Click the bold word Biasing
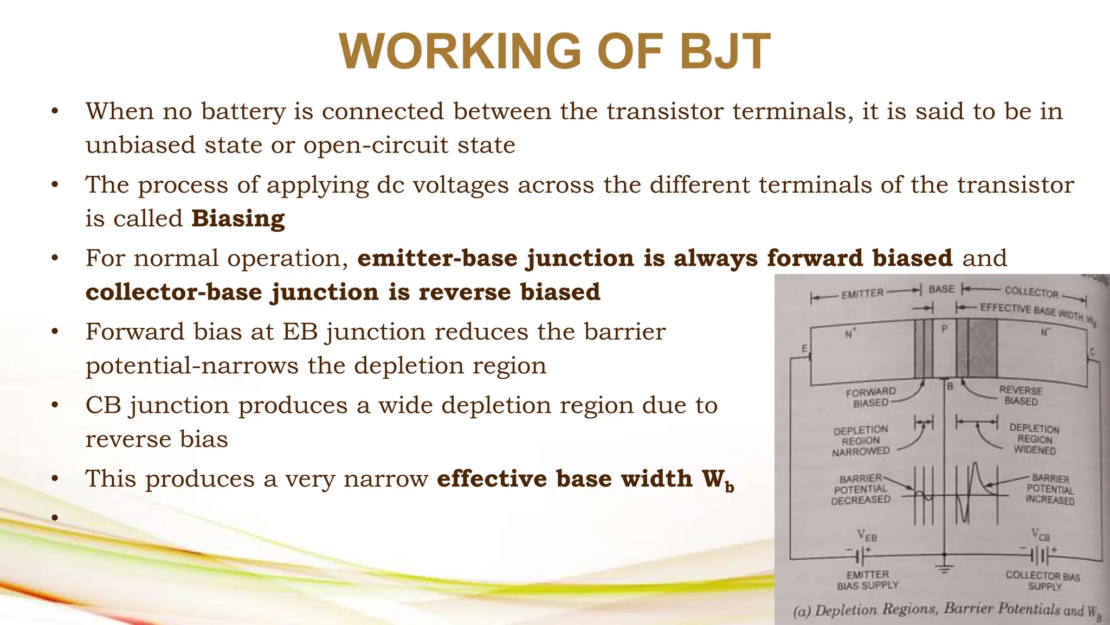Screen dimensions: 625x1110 pyautogui.click(x=238, y=219)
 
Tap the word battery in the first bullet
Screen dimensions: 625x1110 pyautogui.click(x=243, y=111)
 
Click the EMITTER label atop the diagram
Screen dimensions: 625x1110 pyautogui.click(x=862, y=294)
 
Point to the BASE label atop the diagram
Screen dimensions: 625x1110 pyautogui.click(x=941, y=290)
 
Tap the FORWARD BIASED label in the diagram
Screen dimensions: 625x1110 pyautogui.click(x=870, y=397)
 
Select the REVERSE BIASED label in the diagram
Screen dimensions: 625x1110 pyautogui.click(x=1021, y=396)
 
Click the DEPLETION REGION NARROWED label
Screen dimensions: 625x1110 pyautogui.click(x=861, y=440)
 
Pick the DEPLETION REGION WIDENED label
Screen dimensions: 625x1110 pyautogui.click(x=1034, y=439)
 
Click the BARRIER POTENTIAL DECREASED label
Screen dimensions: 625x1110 pyautogui.click(x=861, y=489)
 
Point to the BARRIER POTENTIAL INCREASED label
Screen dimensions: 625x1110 pyautogui.click(x=1050, y=489)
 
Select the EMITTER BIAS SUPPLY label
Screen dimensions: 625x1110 pyautogui.click(x=867, y=580)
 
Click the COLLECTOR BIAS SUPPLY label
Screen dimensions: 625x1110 pyautogui.click(x=1043, y=581)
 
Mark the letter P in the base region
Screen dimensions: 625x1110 pyautogui.click(x=944, y=329)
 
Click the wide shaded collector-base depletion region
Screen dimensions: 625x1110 pyautogui.click(x=982, y=348)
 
